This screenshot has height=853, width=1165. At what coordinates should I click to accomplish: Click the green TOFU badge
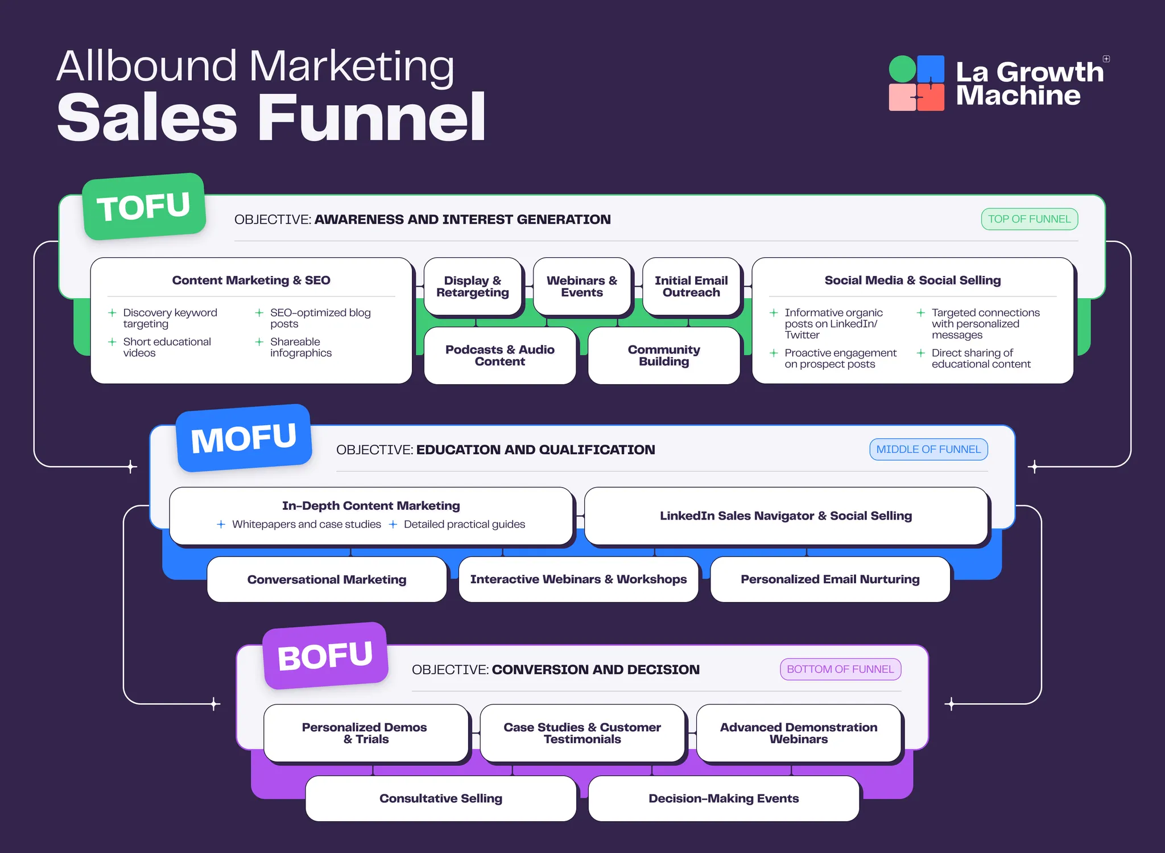[x=144, y=207]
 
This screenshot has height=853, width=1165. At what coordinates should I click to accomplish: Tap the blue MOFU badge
[x=244, y=438]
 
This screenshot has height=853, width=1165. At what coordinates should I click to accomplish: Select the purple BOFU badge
[x=325, y=656]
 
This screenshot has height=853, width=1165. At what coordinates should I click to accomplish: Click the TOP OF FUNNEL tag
[x=1029, y=219]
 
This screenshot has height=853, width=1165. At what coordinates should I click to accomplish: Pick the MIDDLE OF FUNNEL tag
[x=928, y=450]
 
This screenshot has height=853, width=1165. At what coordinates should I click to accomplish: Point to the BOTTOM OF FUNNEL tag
[x=840, y=669]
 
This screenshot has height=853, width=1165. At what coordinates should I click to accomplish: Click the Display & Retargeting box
[x=472, y=286]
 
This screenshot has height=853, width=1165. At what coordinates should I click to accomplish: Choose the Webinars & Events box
[x=581, y=286]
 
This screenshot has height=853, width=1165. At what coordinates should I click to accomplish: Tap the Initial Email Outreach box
[x=691, y=286]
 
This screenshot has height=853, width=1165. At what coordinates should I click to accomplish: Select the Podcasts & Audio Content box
[x=499, y=356]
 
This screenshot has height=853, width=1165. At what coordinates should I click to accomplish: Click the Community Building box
[x=663, y=356]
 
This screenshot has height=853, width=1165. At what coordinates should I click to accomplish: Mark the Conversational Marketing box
[x=327, y=579]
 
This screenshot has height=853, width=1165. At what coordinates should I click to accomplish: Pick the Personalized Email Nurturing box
[x=830, y=579]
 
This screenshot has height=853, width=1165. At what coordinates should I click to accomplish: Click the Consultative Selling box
[x=441, y=798]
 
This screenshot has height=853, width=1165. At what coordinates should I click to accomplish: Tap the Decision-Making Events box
[x=724, y=798]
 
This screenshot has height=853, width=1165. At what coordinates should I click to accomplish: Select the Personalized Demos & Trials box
[x=365, y=733]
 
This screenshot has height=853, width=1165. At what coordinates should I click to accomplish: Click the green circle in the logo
[x=902, y=69]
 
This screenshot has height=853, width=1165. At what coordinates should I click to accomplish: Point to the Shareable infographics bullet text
[x=300, y=347]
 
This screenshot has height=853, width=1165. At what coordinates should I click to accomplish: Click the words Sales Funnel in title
[x=271, y=118]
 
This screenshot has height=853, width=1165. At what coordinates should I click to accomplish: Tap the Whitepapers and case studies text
[x=306, y=524]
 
